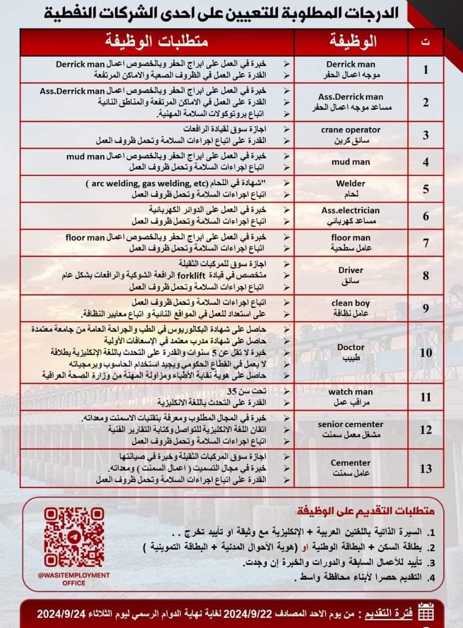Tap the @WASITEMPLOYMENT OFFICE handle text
pyautogui.click(x=74, y=579)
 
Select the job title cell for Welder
pyautogui.click(x=351, y=189)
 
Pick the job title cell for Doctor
pyautogui.click(x=351, y=353)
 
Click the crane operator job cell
pyautogui.click(x=351, y=135)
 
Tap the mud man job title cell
pyautogui.click(x=351, y=162)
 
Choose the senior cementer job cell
pyautogui.click(x=351, y=430)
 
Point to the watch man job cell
pyautogui.click(x=351, y=397)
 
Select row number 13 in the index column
pyautogui.click(x=425, y=468)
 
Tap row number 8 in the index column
pyautogui.click(x=425, y=275)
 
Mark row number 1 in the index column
pyautogui.click(x=425, y=70)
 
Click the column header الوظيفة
pyautogui.click(x=351, y=42)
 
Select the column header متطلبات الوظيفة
pyautogui.click(x=157, y=42)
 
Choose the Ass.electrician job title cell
pyautogui.click(x=351, y=216)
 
